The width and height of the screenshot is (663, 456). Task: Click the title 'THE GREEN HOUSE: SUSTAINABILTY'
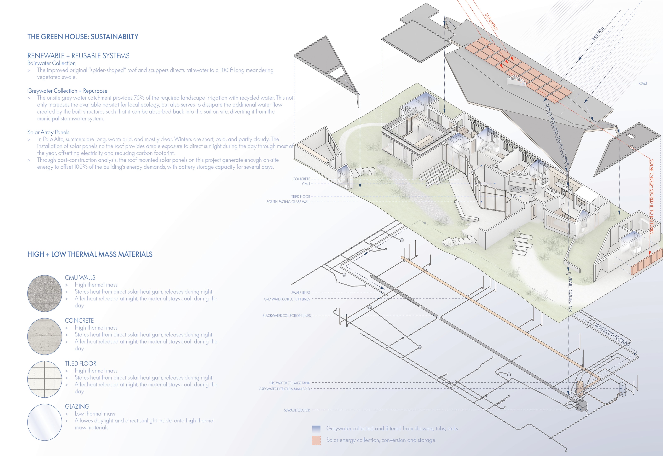(83, 37)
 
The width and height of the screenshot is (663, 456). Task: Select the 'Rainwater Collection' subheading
(51, 63)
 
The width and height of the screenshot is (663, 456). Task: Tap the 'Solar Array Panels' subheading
(48, 132)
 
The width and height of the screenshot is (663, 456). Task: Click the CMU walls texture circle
(45, 293)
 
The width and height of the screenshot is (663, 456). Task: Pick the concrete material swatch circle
(45, 336)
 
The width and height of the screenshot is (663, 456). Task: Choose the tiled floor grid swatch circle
(45, 379)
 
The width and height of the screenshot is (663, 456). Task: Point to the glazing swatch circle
(45, 422)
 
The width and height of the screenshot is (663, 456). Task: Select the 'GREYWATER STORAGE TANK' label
(289, 383)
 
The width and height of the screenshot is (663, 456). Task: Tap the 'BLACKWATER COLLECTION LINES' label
(287, 315)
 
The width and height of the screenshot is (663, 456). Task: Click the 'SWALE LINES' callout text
(300, 293)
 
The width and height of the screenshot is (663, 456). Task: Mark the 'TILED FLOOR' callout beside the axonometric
(300, 197)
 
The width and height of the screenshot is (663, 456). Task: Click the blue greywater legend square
(316, 429)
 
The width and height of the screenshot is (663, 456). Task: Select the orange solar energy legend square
(316, 440)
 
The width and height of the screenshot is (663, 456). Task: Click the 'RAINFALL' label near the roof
(598, 33)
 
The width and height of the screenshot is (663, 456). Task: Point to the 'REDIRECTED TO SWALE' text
(612, 335)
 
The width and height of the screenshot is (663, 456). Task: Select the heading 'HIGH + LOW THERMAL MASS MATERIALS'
(90, 254)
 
